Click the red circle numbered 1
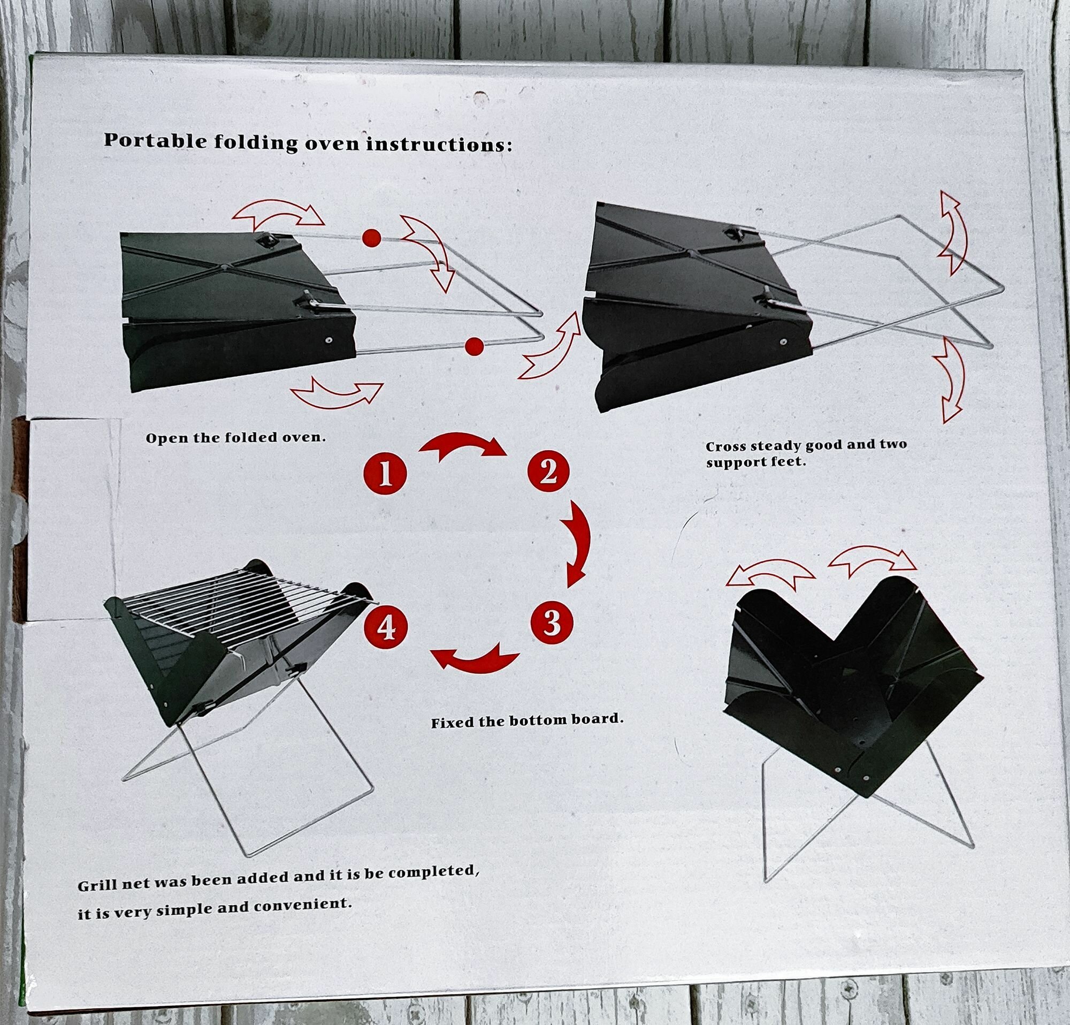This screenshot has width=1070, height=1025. click(x=385, y=473)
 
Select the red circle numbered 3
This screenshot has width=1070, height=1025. click(x=552, y=622)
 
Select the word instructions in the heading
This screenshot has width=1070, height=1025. click(x=439, y=145)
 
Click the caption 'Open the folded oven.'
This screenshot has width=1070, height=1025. click(x=235, y=437)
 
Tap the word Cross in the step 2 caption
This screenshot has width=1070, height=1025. click(x=725, y=447)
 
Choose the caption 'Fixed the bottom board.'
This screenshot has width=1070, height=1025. click(x=527, y=721)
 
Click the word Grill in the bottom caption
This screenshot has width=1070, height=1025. click(x=97, y=885)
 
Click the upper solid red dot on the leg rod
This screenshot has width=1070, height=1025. click(x=371, y=238)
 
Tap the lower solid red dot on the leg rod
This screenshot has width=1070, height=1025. click(x=474, y=346)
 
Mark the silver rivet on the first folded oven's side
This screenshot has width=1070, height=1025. click(x=328, y=340)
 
